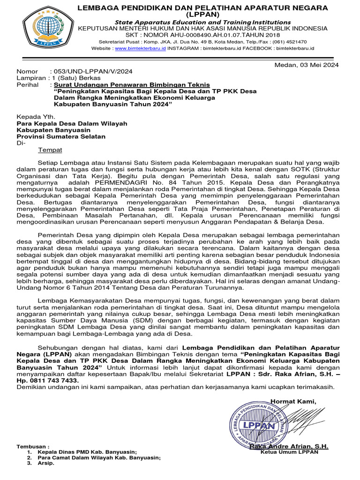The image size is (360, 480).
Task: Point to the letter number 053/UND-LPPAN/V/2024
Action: coord(93,71)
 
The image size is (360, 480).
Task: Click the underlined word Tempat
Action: coord(50,150)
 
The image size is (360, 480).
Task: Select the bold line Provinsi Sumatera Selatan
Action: coord(61,136)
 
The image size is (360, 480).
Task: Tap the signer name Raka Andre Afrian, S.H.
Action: coord(289,446)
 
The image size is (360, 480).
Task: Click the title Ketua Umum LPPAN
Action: coord(289,452)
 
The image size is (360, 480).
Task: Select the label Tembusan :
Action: coord(33,446)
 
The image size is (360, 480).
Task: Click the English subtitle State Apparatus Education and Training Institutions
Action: coord(203,22)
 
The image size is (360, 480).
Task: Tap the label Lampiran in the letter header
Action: coord(31,78)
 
